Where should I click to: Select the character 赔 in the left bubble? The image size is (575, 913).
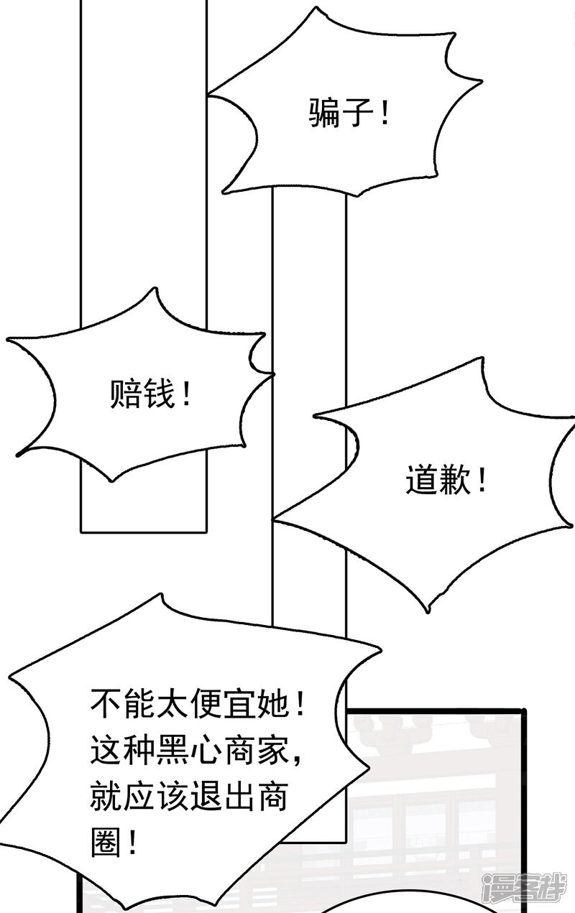click(126, 394)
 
